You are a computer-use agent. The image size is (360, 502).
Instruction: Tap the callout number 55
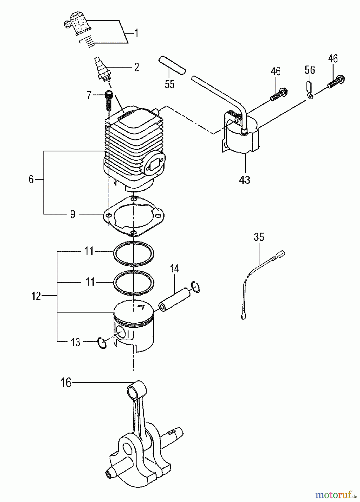click(169, 84)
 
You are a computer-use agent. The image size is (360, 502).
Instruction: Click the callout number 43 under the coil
click(244, 180)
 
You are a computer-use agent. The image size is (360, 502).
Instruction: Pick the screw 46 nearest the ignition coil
click(279, 95)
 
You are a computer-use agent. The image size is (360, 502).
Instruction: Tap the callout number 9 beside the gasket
click(72, 214)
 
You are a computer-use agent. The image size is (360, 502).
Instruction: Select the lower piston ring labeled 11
click(134, 283)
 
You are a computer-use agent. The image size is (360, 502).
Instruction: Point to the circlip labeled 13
click(102, 343)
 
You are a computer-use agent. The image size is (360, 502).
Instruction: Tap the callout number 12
click(36, 296)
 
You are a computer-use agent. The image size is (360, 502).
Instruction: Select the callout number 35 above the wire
click(259, 237)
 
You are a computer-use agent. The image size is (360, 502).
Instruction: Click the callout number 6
click(31, 179)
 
